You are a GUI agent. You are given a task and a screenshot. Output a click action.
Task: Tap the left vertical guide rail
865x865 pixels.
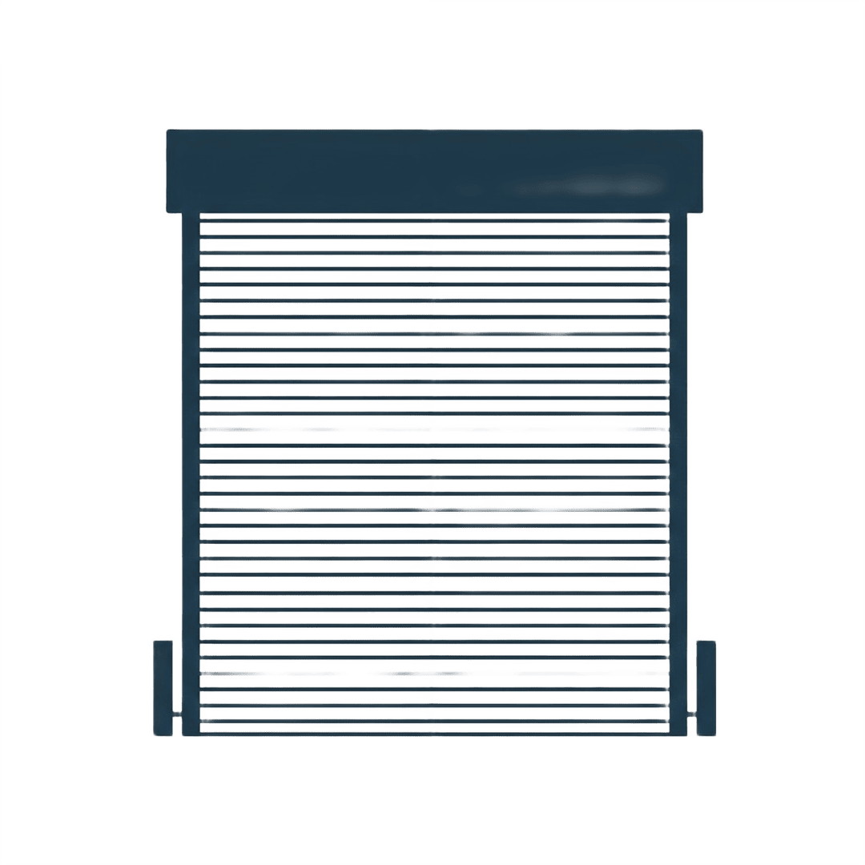pos(190,473)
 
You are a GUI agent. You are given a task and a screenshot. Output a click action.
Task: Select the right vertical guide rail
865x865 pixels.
pos(678,473)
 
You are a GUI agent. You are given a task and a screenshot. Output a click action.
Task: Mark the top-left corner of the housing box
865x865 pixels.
pos(167,131)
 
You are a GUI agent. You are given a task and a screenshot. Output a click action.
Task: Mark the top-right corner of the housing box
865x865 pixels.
pos(702,131)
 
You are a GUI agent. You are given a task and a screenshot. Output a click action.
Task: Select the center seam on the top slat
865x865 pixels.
pos(433,227)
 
